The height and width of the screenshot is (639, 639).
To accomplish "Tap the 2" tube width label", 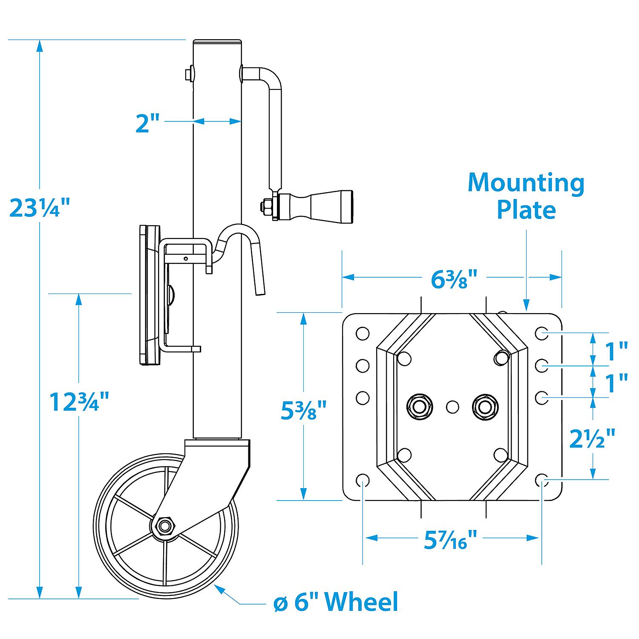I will pos(147,122).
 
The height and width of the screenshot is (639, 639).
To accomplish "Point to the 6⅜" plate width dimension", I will pos(452,279).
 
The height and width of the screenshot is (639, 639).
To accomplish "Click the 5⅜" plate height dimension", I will pos(304,409).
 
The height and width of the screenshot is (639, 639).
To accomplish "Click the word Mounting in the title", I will pos(526,183).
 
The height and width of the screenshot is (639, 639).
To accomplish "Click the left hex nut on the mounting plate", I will pos(420,406).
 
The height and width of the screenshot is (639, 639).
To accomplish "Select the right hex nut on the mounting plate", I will pos(485,406).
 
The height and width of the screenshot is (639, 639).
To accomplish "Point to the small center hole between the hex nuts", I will pos(452,407).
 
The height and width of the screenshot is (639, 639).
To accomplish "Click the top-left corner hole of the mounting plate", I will pos(363,334).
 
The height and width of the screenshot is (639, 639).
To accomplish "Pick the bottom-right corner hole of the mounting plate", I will pos(542,480).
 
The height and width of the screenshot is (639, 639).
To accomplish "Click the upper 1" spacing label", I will pos(616,351).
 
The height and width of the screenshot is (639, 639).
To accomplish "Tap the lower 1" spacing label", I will pos(616,383).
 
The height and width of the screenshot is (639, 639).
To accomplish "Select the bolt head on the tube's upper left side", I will pos(188,74).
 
